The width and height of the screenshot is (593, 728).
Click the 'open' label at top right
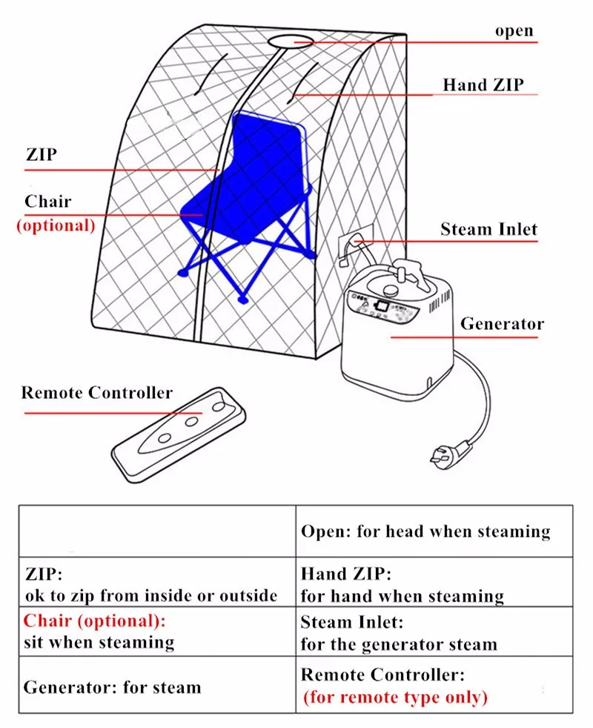tap(514, 31)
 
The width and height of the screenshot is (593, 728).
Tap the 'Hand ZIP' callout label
tap(483, 85)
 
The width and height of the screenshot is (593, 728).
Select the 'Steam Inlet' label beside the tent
tap(488, 228)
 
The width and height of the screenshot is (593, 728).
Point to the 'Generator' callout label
tap(502, 324)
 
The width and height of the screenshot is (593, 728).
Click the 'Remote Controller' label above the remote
tap(96, 392)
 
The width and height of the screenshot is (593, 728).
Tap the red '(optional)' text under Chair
tap(56, 225)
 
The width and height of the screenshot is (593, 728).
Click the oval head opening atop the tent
tap(294, 40)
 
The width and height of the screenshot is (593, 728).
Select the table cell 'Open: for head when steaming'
tap(425, 532)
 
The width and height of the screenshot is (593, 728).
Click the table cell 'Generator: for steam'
tap(112, 686)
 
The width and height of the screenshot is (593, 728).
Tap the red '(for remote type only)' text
tap(395, 697)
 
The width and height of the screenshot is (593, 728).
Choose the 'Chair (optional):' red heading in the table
tap(95, 620)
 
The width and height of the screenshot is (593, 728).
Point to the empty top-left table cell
tap(157, 531)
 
